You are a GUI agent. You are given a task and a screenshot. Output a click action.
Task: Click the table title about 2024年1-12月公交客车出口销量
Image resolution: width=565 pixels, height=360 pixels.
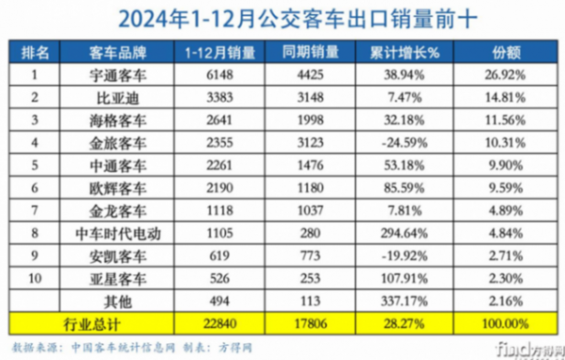click(x=282, y=16)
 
